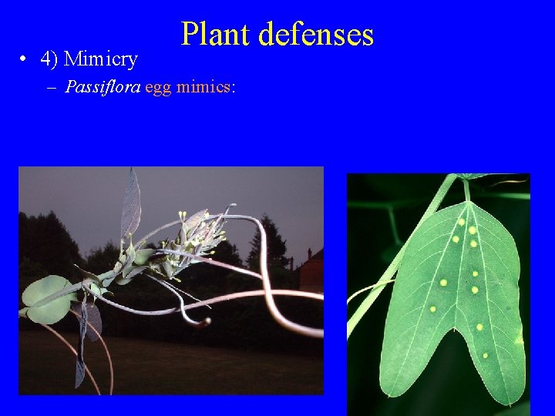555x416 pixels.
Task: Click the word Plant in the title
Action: click(x=215, y=35)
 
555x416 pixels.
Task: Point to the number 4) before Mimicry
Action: click(x=52, y=59)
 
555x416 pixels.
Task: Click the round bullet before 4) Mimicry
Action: click(x=25, y=59)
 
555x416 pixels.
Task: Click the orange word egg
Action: click(x=158, y=87)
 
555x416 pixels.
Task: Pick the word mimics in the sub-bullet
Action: click(x=203, y=86)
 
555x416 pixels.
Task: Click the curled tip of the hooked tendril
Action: click(x=203, y=322)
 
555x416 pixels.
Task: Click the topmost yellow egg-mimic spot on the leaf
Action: click(x=462, y=222)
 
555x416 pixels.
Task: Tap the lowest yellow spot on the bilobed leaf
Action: click(x=485, y=355)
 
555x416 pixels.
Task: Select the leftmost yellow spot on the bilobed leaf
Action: click(x=432, y=309)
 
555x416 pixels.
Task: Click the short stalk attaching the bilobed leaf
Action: click(x=466, y=190)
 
